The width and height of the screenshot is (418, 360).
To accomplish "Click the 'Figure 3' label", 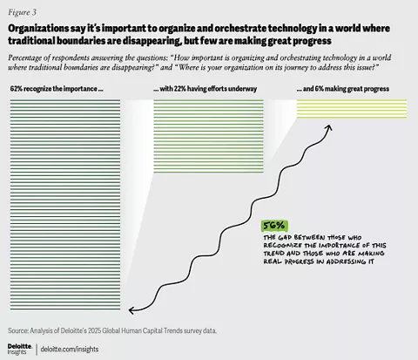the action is point(22,12).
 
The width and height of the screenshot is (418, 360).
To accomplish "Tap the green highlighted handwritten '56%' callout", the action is point(274,226).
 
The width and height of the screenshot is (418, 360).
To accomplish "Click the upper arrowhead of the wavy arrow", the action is point(329,127).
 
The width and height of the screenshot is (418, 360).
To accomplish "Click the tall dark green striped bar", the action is point(65,205).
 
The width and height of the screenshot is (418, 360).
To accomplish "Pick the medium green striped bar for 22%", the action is point(208,136).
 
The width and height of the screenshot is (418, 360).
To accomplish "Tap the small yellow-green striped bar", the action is point(352,109).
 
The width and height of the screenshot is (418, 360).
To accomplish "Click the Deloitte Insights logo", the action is point(20,349).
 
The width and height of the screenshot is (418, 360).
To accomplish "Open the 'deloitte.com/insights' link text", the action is point(70,349).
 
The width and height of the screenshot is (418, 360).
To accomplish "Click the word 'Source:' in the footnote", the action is point(18,330).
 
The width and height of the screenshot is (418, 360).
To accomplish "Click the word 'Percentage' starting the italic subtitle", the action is point(25,58).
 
